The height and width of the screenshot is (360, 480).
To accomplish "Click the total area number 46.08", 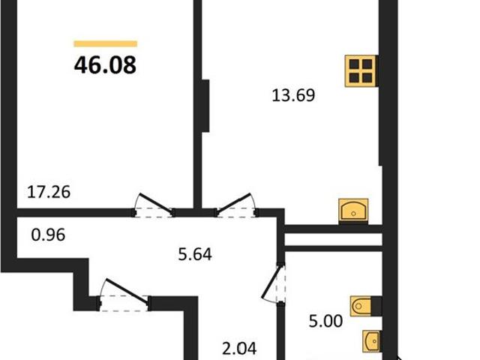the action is [x=105, y=65].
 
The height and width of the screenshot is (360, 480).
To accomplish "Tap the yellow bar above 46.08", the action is [x=106, y=43].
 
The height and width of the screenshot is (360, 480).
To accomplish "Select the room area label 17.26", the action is [x=49, y=192].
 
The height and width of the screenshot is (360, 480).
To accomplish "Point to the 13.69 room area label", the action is [x=293, y=95].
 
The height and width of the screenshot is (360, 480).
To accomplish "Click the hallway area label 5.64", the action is [x=195, y=254].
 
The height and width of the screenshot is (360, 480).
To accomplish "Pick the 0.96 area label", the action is [x=48, y=235].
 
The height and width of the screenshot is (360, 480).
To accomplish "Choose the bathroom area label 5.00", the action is [x=325, y=322].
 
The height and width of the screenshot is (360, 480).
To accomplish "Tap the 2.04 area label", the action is [x=239, y=348].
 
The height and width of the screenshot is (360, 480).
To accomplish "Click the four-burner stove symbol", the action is [x=361, y=71].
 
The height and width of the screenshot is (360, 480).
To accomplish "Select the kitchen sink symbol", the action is [x=353, y=210].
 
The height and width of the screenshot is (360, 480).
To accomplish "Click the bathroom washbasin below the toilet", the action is [x=371, y=341].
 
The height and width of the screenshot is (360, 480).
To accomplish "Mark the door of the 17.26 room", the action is [x=154, y=205].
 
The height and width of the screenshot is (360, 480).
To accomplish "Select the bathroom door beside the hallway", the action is [x=274, y=284].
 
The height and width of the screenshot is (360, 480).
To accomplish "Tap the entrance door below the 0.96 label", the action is [x=124, y=295].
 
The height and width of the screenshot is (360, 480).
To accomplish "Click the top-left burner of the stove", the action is [x=354, y=64].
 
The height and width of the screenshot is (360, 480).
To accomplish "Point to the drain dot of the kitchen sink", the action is [x=353, y=213].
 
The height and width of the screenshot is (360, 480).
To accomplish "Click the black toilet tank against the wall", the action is [x=376, y=306].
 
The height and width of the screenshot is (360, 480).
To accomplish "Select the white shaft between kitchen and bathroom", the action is [x=333, y=239].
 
